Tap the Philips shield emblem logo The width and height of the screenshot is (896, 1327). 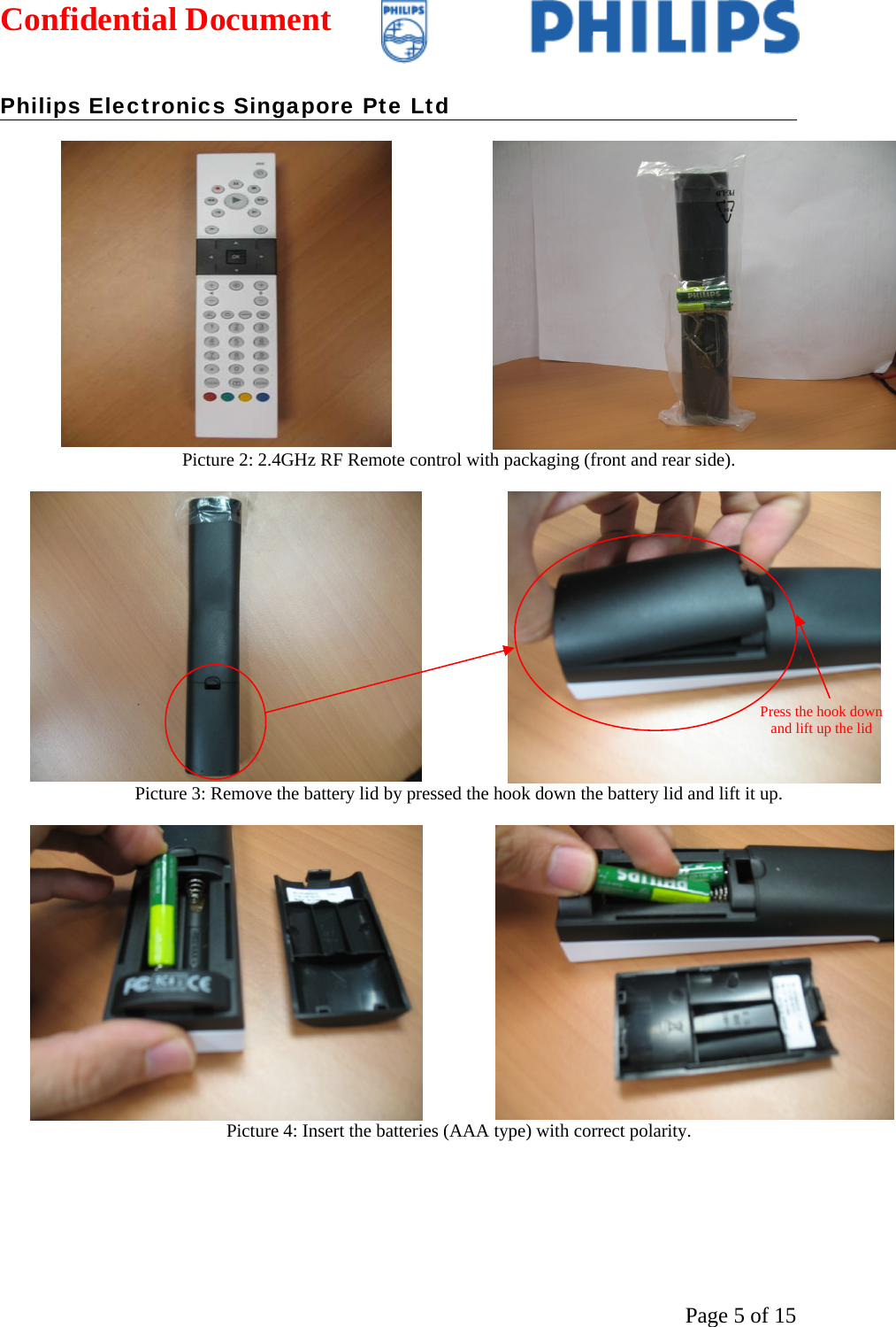403,32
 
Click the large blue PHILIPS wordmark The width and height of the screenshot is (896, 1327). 664,27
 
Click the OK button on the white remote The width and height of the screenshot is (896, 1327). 235,257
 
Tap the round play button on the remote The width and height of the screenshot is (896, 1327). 235,201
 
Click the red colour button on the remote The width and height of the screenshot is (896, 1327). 210,397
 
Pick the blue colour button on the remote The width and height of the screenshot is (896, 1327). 263,397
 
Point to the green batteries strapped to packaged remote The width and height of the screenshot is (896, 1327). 704,297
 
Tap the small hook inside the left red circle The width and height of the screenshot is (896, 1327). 213,683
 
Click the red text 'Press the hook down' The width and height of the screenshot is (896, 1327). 821,712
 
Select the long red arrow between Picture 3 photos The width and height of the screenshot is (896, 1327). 389,680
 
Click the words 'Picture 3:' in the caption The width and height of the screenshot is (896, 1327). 170,793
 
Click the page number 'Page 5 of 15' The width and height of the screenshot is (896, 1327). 740,1315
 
